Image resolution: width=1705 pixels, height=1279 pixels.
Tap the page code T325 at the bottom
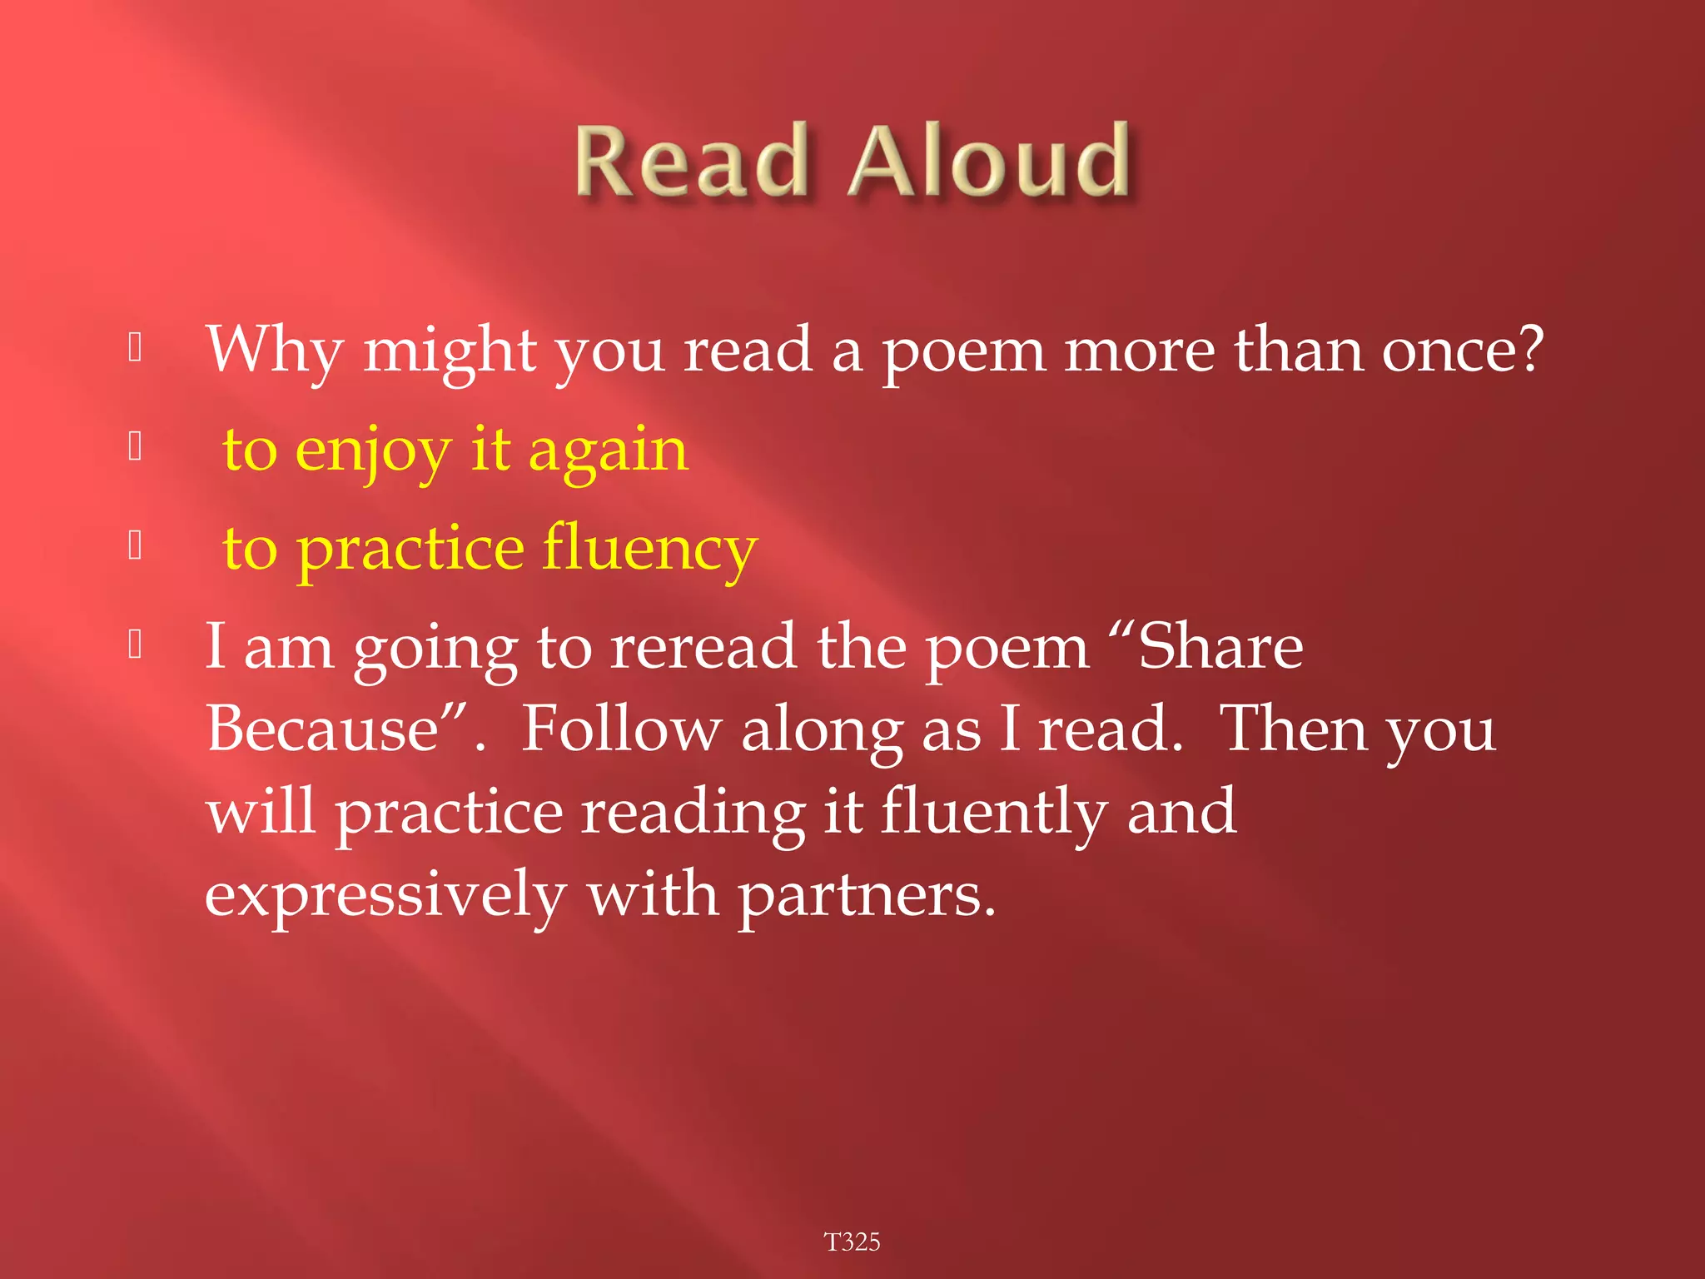[x=852, y=1242]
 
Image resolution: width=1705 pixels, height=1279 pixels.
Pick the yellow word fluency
[x=649, y=550]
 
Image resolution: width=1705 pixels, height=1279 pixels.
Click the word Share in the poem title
[x=1220, y=647]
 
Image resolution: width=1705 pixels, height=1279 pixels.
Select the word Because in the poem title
[x=323, y=729]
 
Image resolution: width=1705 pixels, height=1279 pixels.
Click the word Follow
[x=620, y=729]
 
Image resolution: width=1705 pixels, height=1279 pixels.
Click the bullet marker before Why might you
[x=136, y=348]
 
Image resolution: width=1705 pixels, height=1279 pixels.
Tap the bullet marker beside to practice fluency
[x=136, y=545]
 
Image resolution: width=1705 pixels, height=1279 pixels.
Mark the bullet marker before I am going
[x=136, y=644]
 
